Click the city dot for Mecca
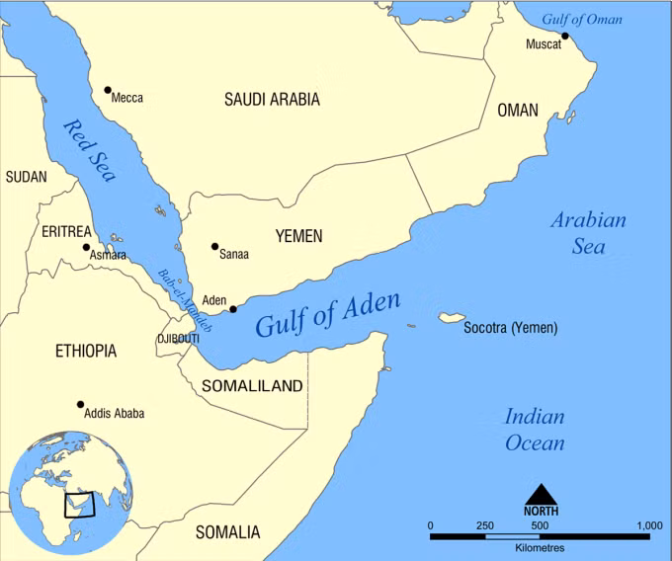107,90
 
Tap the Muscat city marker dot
565,37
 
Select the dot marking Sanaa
214,247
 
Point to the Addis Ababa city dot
80,404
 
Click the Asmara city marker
86,247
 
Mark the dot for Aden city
233,309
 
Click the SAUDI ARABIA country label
272,100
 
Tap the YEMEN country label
298,236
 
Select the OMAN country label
518,111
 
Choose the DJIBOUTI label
178,339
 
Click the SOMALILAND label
252,386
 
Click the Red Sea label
90,150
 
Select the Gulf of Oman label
584,19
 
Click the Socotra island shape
451,318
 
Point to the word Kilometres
540,546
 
